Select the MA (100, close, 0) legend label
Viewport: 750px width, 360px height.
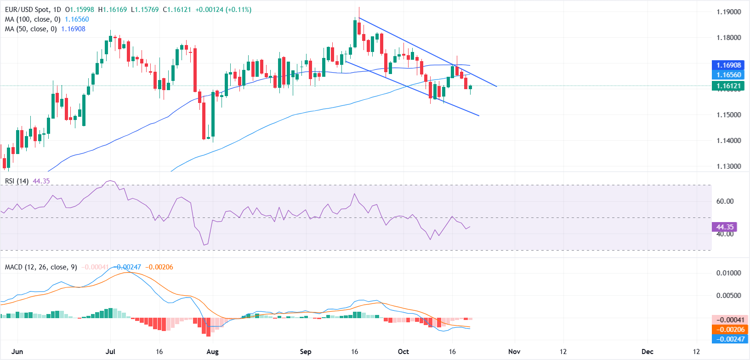click(33, 19)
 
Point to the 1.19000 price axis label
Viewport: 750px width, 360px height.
click(728, 12)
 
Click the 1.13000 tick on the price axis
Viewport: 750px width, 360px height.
click(728, 166)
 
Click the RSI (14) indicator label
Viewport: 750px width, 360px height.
click(17, 181)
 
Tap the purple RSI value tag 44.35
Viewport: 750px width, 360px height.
click(725, 227)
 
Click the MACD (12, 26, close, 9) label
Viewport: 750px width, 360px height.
click(41, 267)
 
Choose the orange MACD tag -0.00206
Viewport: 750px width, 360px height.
click(730, 330)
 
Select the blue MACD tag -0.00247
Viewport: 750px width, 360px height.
click(730, 339)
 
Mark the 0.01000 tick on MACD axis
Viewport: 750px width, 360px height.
click(728, 273)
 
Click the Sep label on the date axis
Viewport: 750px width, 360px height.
click(306, 352)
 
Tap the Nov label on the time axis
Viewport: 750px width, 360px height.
click(514, 352)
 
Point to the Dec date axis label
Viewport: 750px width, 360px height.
click(647, 352)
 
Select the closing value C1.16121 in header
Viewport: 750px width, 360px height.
click(177, 10)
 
